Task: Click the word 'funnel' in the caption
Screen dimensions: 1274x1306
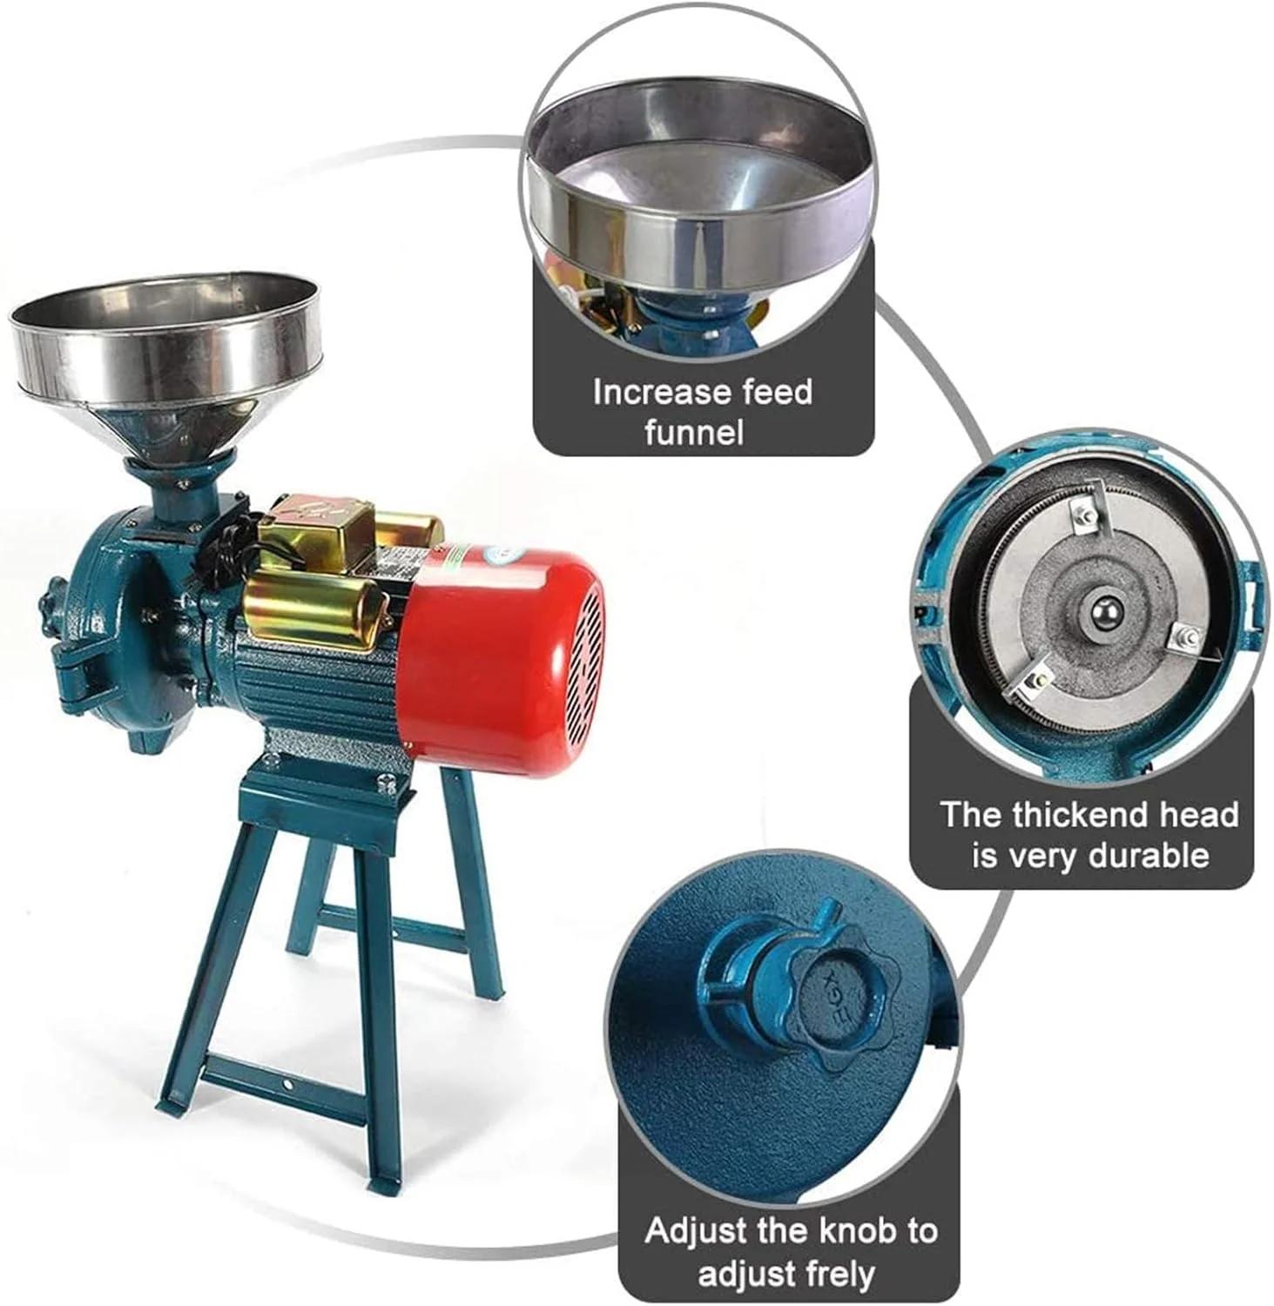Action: (694, 432)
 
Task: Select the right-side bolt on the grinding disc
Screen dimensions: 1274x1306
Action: (1185, 636)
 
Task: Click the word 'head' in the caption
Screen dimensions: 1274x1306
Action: (1207, 814)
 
